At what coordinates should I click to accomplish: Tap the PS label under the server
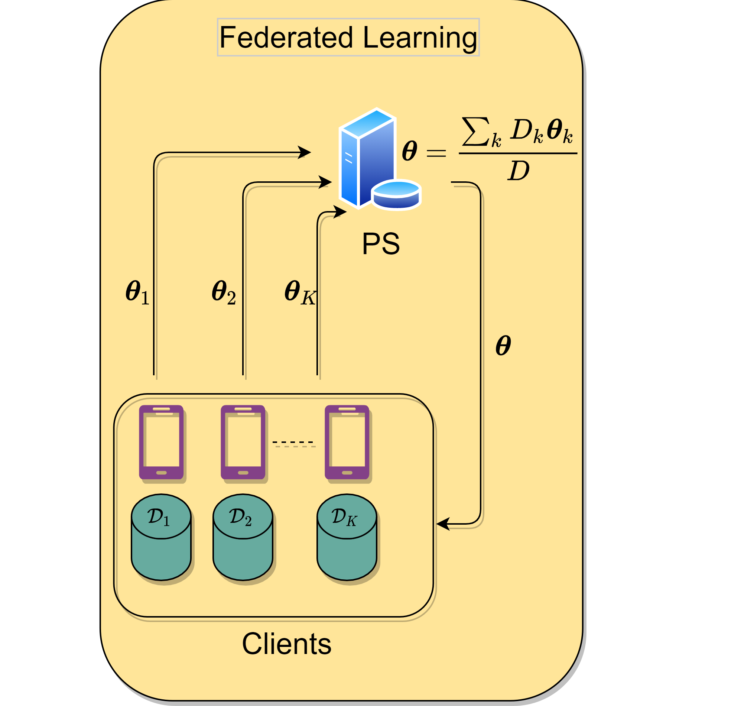(381, 244)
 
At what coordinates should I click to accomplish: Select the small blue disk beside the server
(396, 194)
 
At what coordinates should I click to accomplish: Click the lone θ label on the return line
(503, 346)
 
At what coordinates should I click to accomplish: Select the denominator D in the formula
(519, 171)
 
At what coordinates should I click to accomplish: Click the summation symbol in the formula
(475, 131)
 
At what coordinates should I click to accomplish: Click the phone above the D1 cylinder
(161, 442)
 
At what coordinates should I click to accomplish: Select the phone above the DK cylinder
(347, 442)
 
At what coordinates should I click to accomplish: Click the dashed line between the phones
(293, 442)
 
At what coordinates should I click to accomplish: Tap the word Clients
(286, 644)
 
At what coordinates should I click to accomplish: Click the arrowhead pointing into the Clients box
(443, 524)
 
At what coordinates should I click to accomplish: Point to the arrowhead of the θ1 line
(305, 152)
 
